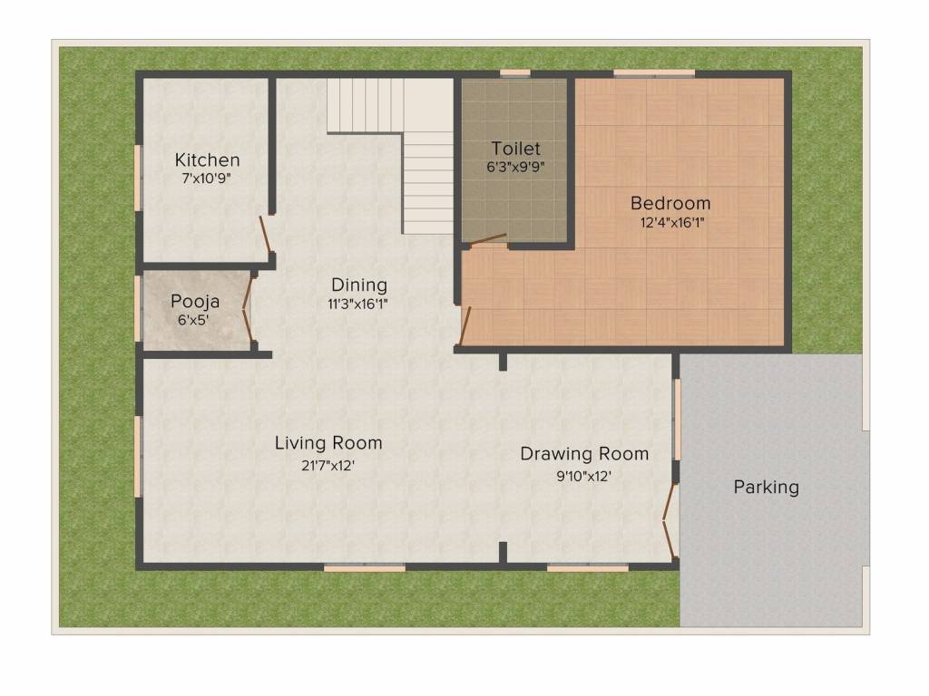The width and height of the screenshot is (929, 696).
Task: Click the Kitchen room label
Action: click(x=208, y=159)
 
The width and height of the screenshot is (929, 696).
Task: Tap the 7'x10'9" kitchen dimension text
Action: click(x=206, y=179)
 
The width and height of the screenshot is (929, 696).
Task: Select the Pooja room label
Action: click(x=195, y=302)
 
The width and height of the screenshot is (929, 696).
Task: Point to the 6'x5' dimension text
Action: click(x=193, y=320)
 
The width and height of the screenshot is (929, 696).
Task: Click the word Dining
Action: click(x=359, y=285)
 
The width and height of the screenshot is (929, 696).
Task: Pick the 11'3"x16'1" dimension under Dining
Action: click(x=357, y=304)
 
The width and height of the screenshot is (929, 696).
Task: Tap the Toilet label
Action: click(x=515, y=148)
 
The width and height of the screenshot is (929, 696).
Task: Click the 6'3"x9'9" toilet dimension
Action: click(x=515, y=167)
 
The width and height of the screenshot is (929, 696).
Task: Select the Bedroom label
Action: click(x=670, y=203)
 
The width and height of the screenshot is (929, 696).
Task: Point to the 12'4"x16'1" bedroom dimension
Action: click(x=672, y=223)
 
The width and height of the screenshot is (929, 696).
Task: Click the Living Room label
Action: click(x=328, y=443)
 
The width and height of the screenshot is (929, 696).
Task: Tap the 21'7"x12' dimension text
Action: click(x=328, y=466)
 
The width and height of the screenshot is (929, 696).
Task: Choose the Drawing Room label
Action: click(x=584, y=454)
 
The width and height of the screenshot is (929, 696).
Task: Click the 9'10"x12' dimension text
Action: click(x=583, y=477)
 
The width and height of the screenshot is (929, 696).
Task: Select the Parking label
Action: click(x=766, y=487)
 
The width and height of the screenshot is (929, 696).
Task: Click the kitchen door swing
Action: click(x=265, y=235)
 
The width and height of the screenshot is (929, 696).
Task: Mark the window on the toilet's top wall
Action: click(x=515, y=73)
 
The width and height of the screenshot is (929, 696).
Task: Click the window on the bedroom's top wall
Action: click(x=654, y=73)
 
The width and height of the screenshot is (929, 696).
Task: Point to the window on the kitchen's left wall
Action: click(x=138, y=178)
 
